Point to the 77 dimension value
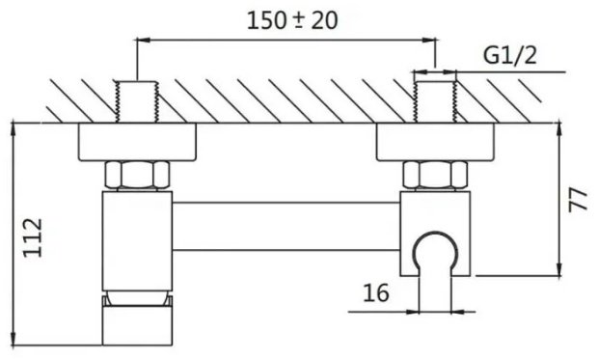[578, 201]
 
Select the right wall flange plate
[436, 144]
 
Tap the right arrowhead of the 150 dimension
[429, 40]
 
